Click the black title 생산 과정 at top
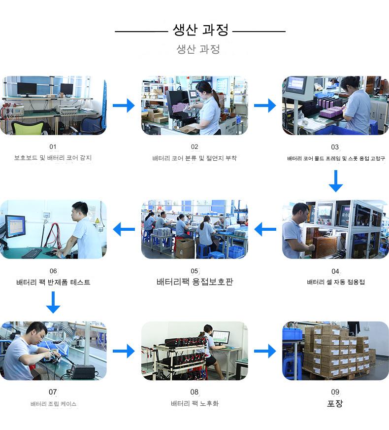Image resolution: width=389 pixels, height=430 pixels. pos(200,30)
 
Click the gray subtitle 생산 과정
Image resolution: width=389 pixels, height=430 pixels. pos(198,49)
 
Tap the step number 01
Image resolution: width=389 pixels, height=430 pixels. pos(53,147)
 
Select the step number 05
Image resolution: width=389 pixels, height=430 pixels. pos(194,271)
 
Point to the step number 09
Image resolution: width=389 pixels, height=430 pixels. pos(335,392)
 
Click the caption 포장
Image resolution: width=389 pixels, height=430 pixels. pos(335,403)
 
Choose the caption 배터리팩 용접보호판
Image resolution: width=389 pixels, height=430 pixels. pos(194,282)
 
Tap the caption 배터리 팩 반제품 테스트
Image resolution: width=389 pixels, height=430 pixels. pos(53,282)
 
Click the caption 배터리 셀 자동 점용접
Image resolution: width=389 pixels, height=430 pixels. pos(336,282)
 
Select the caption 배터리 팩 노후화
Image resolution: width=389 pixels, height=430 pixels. pos(194,403)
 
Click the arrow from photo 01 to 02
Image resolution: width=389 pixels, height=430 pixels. pos(124,106)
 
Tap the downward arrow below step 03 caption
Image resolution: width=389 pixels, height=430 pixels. pos(336,181)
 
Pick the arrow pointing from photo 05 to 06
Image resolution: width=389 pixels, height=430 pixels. pos(124,229)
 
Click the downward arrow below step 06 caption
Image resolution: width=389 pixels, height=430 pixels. pos(53,302)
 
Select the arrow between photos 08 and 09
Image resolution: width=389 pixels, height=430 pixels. pos(265,351)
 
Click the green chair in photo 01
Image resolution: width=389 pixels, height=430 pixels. pos(28,127)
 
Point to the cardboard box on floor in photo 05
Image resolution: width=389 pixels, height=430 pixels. pos(185,248)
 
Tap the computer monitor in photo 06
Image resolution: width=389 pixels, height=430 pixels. pos(15,226)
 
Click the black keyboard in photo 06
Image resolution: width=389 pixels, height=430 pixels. pos(32,253)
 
